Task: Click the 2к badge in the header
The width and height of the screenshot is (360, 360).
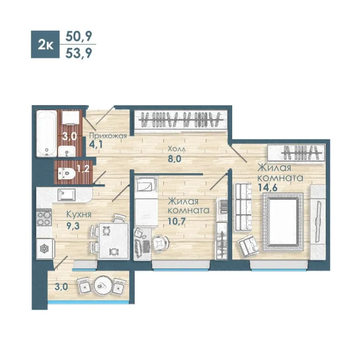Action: [45, 44]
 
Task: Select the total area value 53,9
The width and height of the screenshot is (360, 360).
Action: [79, 53]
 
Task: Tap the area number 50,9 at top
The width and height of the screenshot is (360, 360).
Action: [79, 36]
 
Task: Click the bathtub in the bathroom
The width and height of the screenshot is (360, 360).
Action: [47, 133]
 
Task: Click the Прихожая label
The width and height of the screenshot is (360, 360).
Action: [108, 135]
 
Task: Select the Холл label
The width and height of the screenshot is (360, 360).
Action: [176, 149]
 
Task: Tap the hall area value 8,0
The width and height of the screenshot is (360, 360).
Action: [175, 158]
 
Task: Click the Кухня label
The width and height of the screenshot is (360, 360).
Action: [79, 215]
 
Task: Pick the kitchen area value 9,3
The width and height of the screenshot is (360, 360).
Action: [73, 226]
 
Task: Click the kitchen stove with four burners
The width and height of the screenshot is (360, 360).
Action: [44, 218]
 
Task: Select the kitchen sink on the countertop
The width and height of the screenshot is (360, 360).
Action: [67, 195]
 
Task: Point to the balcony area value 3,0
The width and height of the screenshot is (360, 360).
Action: [61, 287]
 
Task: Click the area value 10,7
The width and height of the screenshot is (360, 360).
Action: [177, 221]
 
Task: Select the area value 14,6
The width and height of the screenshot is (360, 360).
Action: [267, 187]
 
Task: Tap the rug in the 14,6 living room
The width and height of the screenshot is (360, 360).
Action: [283, 222]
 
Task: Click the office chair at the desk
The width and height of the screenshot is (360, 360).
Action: [160, 243]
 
